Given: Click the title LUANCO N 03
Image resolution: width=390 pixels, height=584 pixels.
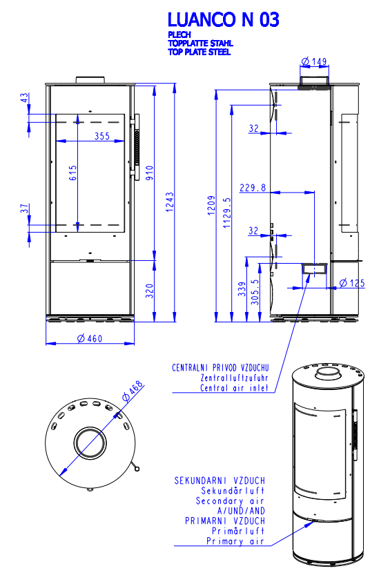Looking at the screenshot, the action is (223, 20).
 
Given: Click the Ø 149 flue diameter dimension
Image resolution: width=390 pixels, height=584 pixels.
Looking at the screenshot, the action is (314, 61).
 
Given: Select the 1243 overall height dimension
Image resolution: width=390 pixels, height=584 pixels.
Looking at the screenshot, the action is (170, 202).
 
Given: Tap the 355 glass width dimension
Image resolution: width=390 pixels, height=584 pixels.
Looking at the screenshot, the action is (101, 136).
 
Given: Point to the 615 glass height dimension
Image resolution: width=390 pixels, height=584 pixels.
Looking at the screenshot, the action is (72, 173).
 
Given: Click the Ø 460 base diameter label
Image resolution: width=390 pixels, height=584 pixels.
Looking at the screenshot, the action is (90, 338).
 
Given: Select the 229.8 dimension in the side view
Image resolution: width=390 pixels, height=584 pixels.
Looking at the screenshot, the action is (253, 187).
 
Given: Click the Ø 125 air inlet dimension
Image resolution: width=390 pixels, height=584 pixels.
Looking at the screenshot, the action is (352, 283).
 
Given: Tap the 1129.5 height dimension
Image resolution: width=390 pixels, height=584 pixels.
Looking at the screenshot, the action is (227, 213).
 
